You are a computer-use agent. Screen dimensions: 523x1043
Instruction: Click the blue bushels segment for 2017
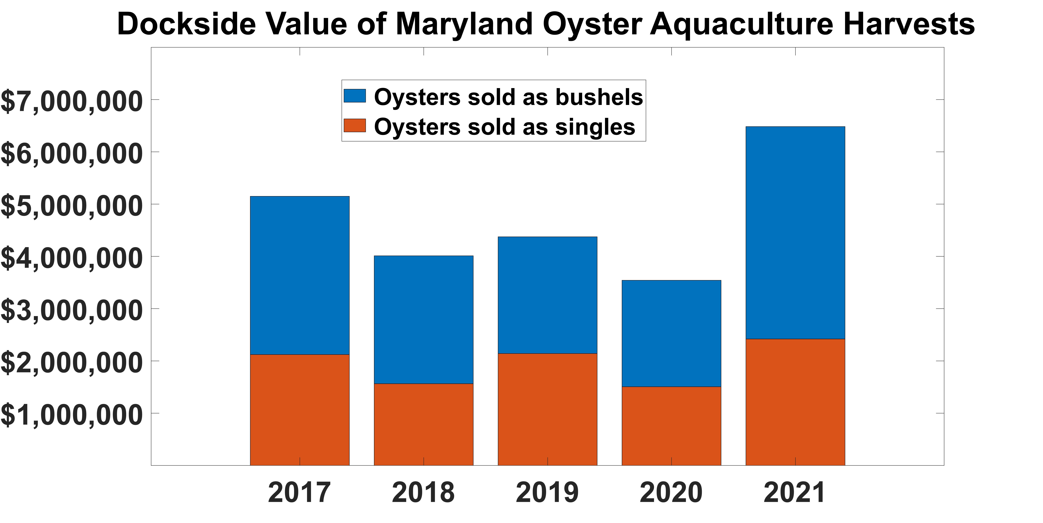click(300, 275)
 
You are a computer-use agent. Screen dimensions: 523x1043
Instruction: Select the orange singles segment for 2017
click(300, 410)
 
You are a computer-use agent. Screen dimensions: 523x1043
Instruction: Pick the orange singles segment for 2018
click(424, 424)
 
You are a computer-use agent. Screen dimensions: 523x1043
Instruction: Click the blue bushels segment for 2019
click(547, 295)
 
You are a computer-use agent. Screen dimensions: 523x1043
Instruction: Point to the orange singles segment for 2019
click(547, 409)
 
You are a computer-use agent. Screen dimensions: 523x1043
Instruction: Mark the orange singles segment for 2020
click(671, 426)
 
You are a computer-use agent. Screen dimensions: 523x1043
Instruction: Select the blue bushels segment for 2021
click(795, 233)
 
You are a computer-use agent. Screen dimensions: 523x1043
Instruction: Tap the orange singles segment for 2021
click(795, 402)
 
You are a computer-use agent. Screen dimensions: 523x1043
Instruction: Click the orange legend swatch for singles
click(355, 126)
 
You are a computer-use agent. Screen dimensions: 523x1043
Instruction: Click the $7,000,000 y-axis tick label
click(72, 101)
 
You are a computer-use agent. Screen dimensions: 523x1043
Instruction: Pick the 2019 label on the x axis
click(547, 493)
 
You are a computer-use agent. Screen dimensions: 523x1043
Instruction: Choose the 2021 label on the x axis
click(794, 493)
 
